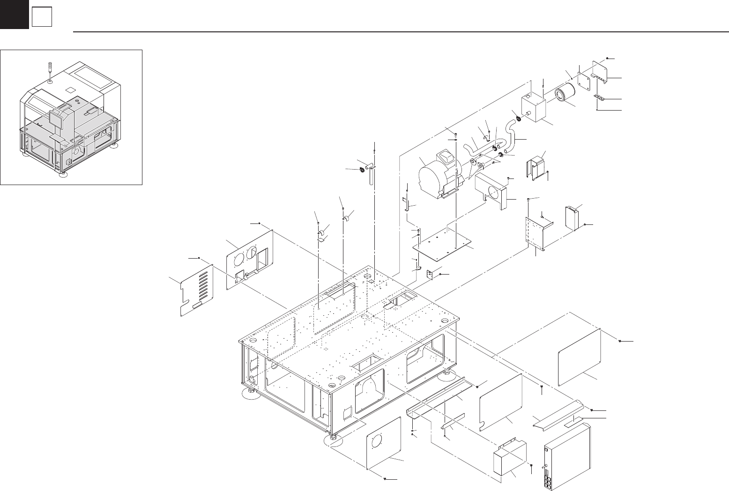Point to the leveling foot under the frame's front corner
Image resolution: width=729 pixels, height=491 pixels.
click(333, 441)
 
